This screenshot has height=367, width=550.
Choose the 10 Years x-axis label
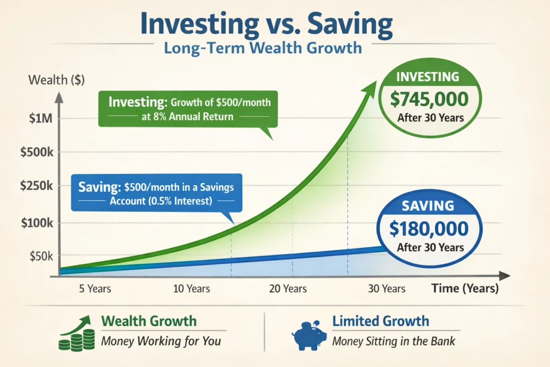pos(192,289)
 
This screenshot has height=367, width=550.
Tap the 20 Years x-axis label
pos(288,289)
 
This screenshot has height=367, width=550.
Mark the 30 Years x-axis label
pos(387,289)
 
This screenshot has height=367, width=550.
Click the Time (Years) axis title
pos(464,289)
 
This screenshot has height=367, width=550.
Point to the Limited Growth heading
pos(380,321)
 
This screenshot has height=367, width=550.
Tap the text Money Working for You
pos(161,341)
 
